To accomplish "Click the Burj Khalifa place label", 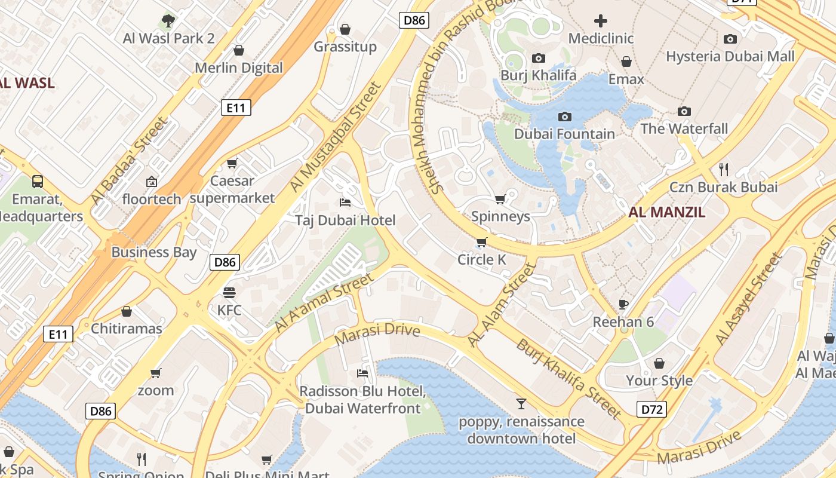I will tap(538, 75).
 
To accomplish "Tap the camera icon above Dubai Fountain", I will tap(564, 117).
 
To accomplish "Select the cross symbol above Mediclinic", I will tap(600, 22).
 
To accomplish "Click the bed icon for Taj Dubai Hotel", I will tap(345, 203).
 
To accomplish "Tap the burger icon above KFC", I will tap(229, 293).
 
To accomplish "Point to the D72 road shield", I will tap(651, 409).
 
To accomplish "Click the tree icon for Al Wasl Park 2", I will tap(168, 21).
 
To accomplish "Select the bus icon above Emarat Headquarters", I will tap(38, 181).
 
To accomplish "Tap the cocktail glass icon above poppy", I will tap(521, 404).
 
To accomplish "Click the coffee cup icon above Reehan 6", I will tap(623, 304).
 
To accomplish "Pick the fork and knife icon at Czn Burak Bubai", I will tap(724, 169).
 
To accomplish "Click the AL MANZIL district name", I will tap(666, 212).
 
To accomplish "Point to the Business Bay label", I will tap(153, 252).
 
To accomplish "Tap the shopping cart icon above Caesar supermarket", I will tap(232, 163).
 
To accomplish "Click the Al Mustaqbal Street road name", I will tap(335, 137).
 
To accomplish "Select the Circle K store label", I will tap(481, 260).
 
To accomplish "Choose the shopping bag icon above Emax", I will tap(626, 62).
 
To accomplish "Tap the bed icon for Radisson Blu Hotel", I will tap(362, 373).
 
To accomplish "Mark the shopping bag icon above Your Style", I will tap(659, 363).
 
